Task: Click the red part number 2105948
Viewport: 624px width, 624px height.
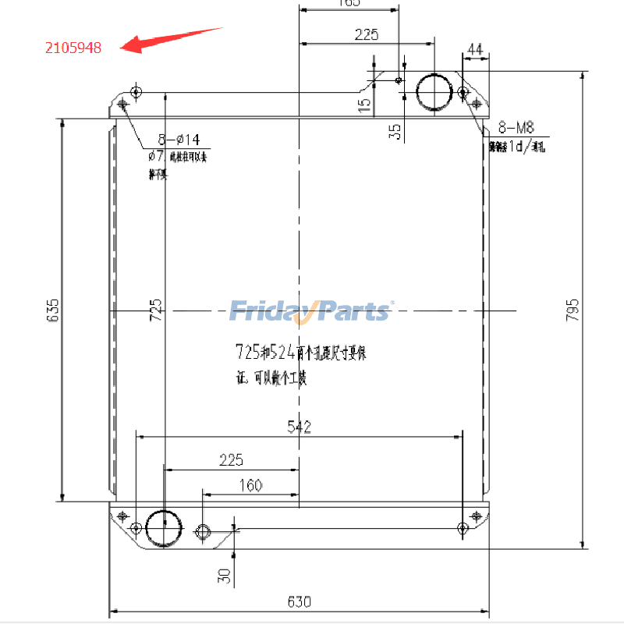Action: click(x=73, y=48)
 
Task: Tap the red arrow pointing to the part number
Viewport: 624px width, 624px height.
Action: click(x=172, y=39)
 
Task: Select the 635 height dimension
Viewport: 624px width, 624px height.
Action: click(x=52, y=310)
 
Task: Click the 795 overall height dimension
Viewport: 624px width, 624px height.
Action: click(x=573, y=310)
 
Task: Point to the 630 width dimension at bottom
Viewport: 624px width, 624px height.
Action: click(x=300, y=601)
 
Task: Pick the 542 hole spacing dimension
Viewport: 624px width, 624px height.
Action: click(x=300, y=427)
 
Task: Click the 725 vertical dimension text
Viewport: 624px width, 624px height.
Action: click(x=156, y=310)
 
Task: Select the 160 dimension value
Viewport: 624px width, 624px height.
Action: click(x=250, y=485)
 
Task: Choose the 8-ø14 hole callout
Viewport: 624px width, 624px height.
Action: click(x=179, y=140)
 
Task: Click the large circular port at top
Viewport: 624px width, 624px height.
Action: click(x=434, y=92)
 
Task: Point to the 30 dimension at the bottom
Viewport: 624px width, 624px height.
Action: click(x=225, y=576)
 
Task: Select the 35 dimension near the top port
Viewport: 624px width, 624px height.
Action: click(x=396, y=130)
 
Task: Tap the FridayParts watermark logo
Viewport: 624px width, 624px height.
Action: click(x=311, y=310)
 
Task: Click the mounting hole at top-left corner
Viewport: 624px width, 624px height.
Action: click(x=137, y=92)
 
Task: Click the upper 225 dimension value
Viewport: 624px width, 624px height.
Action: click(x=366, y=34)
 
